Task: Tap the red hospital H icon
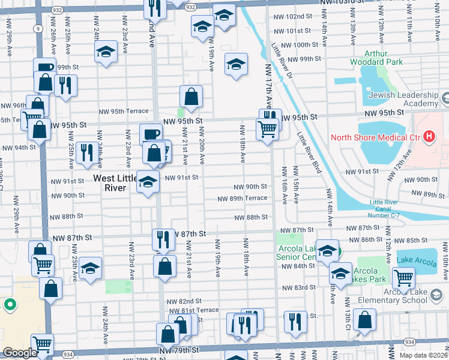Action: point(429,137)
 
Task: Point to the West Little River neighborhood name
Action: point(109,183)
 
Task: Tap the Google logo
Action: point(20,353)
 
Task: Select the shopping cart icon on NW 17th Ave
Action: point(267,128)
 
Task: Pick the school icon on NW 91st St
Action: point(147,181)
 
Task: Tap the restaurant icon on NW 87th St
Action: point(163,239)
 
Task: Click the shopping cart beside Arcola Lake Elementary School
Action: point(403,277)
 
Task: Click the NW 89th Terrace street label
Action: point(243,199)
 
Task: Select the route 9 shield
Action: point(38,28)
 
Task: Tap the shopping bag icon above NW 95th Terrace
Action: point(191,97)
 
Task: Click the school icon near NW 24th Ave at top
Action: point(106,52)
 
